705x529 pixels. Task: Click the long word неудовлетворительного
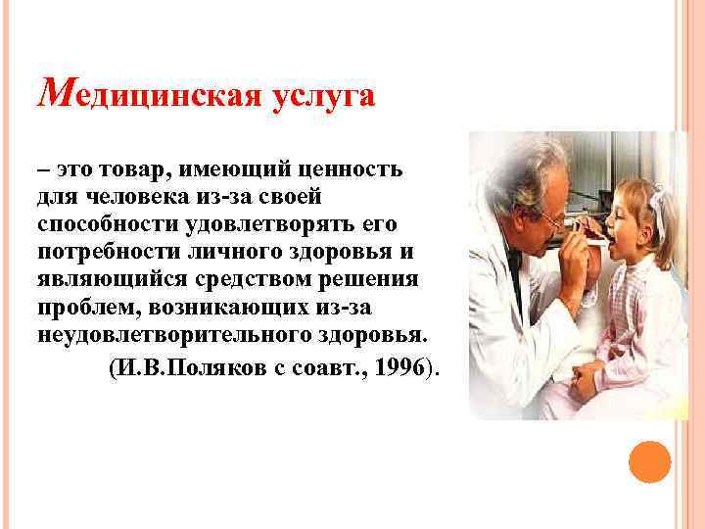pyautogui.click(x=161, y=334)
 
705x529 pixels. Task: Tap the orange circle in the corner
pyautogui.click(x=648, y=461)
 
